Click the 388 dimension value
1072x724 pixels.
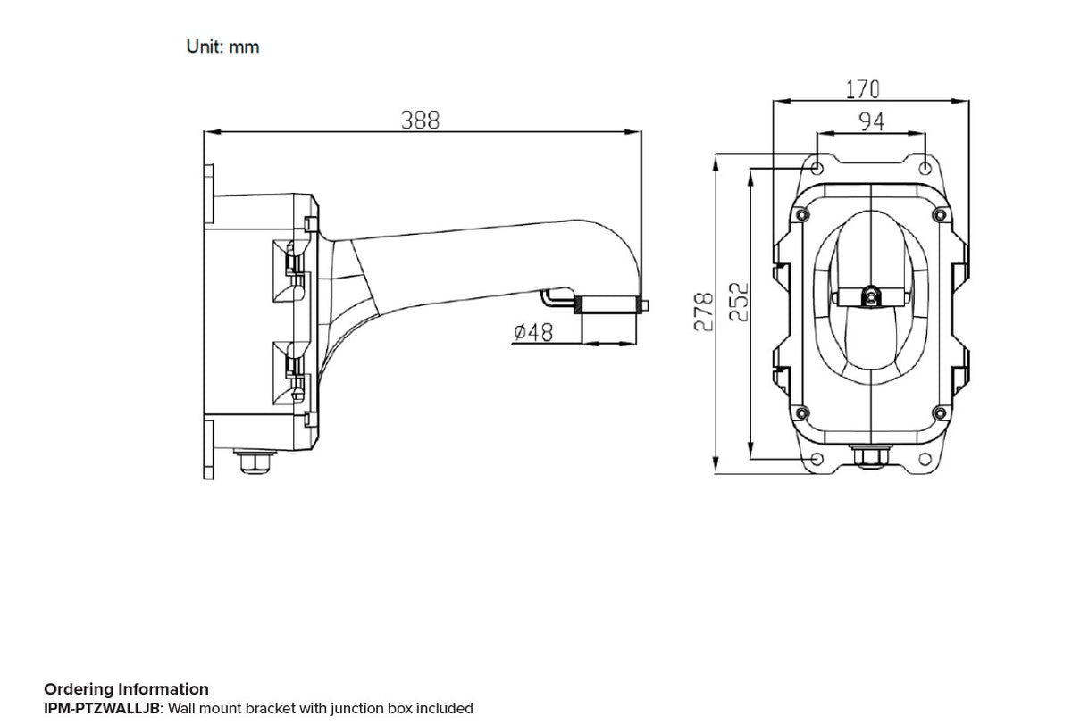(419, 121)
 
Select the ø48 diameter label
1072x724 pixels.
(533, 333)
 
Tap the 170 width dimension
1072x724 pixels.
(862, 89)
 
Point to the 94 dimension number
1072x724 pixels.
(871, 121)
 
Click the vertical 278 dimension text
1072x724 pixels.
(704, 312)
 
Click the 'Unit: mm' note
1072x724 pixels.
(222, 46)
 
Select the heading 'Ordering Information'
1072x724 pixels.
(126, 688)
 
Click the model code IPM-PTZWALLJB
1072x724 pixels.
(101, 708)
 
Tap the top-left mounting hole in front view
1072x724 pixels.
(817, 167)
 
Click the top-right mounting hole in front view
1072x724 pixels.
(925, 167)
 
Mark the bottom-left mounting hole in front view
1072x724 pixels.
(817, 459)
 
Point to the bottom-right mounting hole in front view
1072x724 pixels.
(925, 459)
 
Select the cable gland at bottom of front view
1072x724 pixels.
(868, 457)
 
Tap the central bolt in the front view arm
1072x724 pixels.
(869, 295)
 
